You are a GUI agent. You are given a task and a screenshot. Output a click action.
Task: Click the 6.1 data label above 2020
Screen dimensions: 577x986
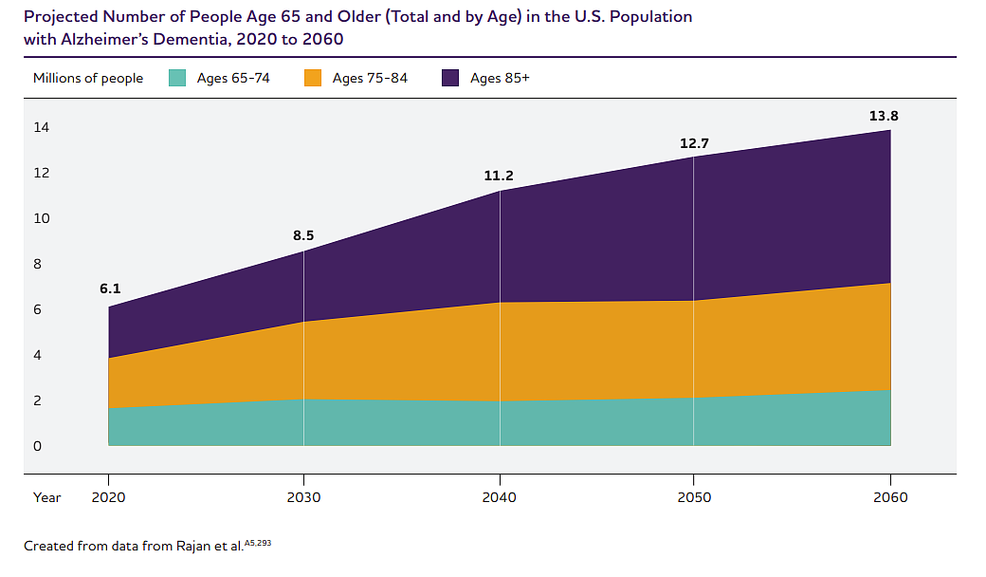(110, 288)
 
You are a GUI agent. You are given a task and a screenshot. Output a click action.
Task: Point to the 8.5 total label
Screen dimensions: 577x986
(304, 234)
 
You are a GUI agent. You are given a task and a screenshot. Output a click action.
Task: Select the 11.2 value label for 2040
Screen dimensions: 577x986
(499, 176)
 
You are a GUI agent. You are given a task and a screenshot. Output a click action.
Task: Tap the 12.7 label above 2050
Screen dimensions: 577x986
(694, 143)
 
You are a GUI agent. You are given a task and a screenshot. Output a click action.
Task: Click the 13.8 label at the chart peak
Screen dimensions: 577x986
(884, 116)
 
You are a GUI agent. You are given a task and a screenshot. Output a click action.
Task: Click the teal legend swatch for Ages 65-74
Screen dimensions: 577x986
(177, 79)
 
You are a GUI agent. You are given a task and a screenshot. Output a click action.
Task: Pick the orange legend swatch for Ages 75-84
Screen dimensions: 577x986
(313, 79)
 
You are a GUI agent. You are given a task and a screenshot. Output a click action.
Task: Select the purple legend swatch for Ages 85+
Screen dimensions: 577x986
(450, 79)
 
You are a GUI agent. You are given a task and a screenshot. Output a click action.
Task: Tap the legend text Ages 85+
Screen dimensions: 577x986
(500, 79)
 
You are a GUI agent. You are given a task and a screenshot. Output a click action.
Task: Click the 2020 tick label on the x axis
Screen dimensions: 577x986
(108, 497)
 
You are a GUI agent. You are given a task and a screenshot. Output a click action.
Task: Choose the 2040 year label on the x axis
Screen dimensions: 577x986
(499, 497)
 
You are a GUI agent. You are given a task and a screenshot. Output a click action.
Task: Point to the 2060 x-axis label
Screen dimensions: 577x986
(889, 497)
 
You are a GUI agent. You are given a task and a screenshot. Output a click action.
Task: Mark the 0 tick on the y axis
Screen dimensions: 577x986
(37, 446)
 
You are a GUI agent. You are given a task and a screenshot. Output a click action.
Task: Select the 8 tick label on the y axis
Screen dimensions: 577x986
(37, 264)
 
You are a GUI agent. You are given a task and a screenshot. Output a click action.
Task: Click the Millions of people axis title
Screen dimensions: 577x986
(88, 79)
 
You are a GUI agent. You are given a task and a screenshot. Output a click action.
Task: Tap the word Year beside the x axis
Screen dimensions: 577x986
(47, 497)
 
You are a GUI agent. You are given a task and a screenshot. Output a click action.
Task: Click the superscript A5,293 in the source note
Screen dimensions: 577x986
(257, 542)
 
